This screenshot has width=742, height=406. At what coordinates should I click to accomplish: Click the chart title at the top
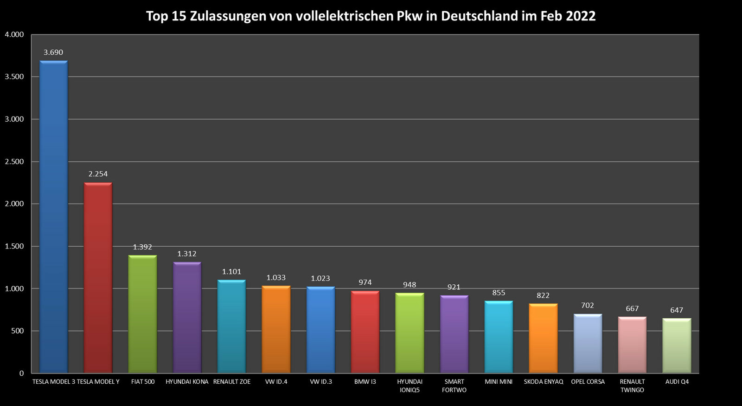coord(371,16)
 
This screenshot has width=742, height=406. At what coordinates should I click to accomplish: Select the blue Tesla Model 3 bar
coord(54,216)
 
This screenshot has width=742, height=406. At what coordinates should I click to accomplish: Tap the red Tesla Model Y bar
coord(98,278)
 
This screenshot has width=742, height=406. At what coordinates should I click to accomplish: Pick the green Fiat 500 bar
coord(142,314)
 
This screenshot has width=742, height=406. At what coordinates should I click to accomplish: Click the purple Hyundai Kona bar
coord(187,317)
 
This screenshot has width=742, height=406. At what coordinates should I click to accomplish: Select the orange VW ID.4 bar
coord(276,329)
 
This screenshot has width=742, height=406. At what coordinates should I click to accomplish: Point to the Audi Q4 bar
coord(677,346)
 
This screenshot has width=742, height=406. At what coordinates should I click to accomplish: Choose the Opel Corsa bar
coord(588,343)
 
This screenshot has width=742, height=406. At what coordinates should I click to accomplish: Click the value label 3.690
coord(53,52)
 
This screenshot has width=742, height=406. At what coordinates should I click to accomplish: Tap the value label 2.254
coord(98,174)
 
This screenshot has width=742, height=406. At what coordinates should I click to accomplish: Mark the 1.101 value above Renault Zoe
coord(231,272)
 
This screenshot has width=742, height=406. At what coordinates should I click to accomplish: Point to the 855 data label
coord(499,293)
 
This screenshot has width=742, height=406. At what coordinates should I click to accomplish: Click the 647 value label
coord(677,310)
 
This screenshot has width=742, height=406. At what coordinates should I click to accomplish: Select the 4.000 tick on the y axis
coord(14,34)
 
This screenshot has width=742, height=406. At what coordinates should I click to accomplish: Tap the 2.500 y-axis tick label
coord(14,162)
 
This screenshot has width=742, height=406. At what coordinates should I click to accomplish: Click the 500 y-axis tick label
coord(17,331)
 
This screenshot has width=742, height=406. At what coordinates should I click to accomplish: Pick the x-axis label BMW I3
coord(365,381)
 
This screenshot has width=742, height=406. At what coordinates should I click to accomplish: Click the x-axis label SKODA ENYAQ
coord(543,381)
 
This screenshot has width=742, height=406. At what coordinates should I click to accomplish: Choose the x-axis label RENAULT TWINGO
coord(632,386)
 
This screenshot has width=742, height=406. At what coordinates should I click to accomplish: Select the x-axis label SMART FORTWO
coord(454,386)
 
